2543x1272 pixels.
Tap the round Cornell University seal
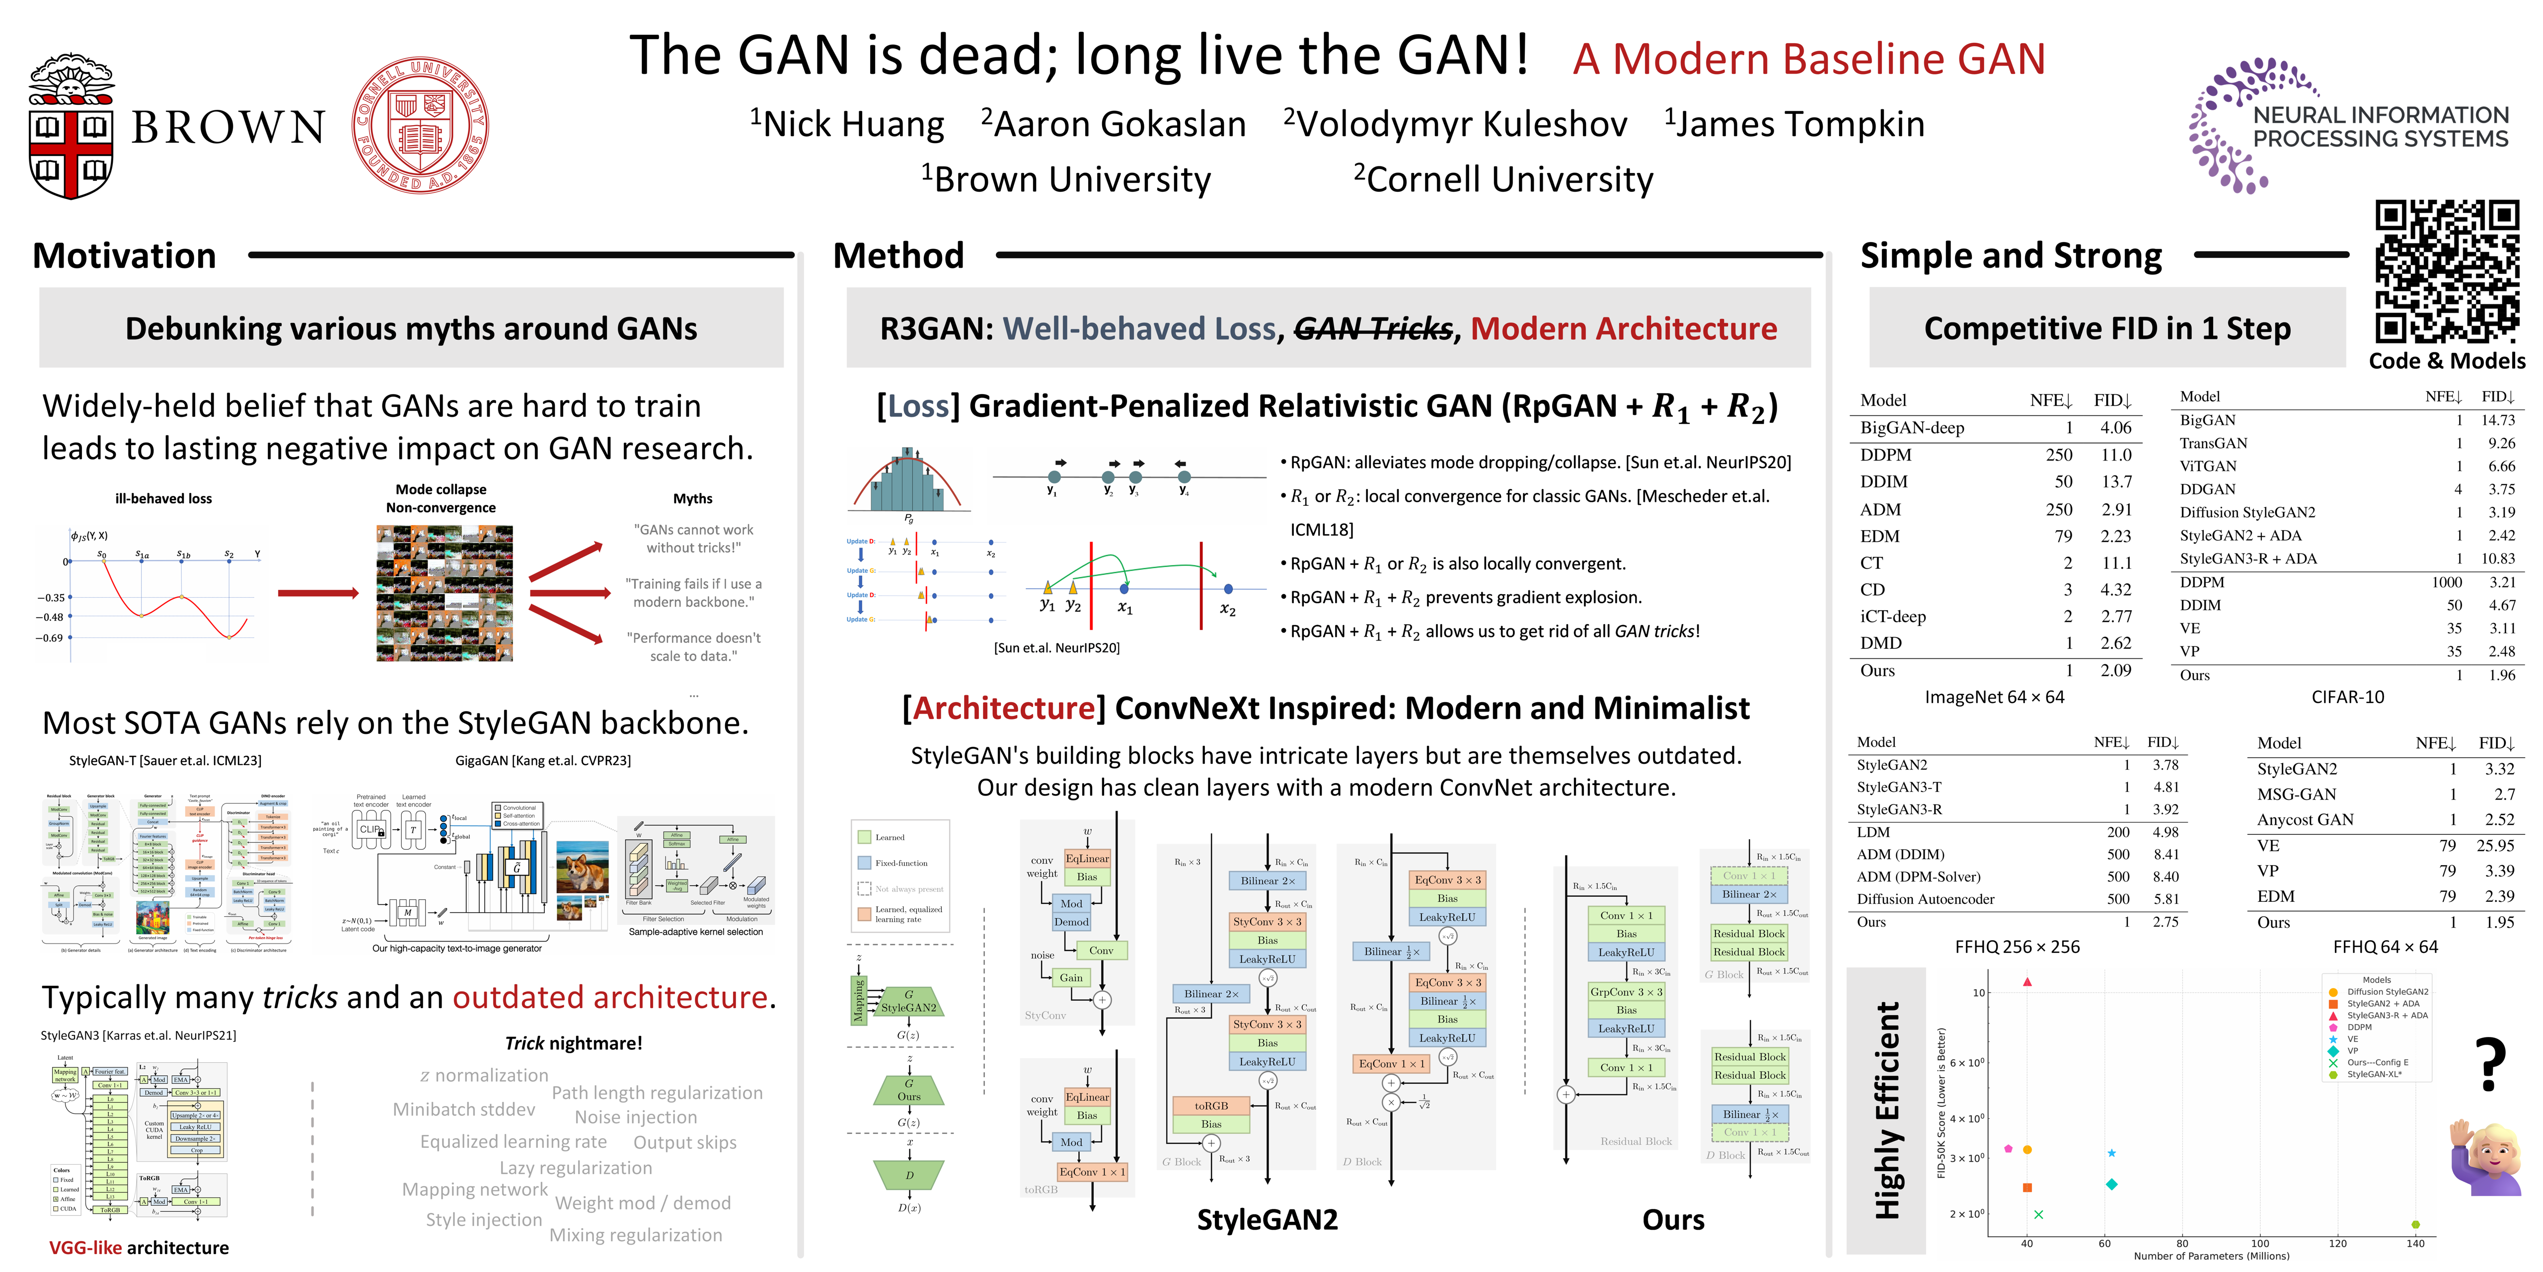(420, 124)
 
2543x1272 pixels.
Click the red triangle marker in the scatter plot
(2026, 982)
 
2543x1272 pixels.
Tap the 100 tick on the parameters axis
(2260, 1243)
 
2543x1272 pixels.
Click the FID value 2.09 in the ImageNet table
(2115, 671)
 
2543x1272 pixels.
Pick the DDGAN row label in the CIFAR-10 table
(2207, 489)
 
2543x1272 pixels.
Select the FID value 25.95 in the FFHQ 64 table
(2495, 845)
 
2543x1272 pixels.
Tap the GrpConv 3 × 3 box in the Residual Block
(1626, 992)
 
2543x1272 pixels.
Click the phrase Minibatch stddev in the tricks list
(464, 1109)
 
